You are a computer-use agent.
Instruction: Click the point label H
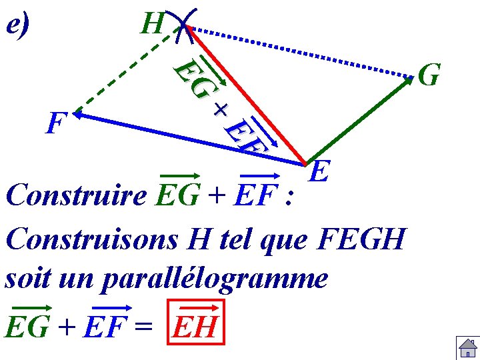click(x=153, y=25)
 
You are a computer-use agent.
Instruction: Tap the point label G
click(x=429, y=75)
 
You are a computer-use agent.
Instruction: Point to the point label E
click(x=321, y=173)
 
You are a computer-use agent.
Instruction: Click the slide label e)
click(x=19, y=25)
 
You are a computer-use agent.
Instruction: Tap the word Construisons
click(x=94, y=238)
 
